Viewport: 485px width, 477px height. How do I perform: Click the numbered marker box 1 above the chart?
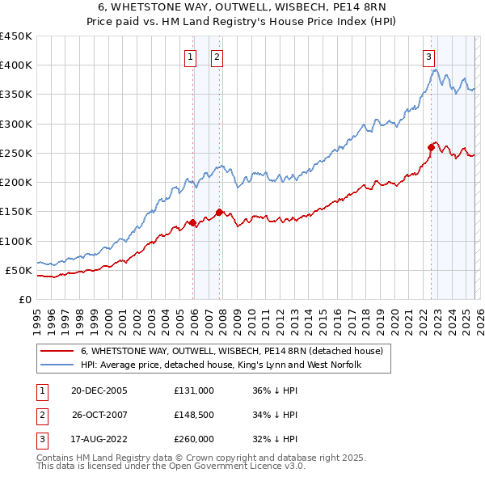point(190,57)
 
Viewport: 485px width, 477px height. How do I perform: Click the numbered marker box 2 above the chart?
point(217,57)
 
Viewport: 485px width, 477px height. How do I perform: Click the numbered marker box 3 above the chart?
point(428,57)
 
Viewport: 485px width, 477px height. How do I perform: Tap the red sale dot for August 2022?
point(431,147)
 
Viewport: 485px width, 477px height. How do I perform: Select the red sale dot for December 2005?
point(192,222)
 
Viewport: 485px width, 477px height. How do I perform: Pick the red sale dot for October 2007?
point(219,213)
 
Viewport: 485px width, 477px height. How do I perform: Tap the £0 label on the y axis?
point(24,299)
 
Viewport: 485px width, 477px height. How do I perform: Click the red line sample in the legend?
point(57,351)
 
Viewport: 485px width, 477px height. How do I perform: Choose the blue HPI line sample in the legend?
point(57,365)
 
